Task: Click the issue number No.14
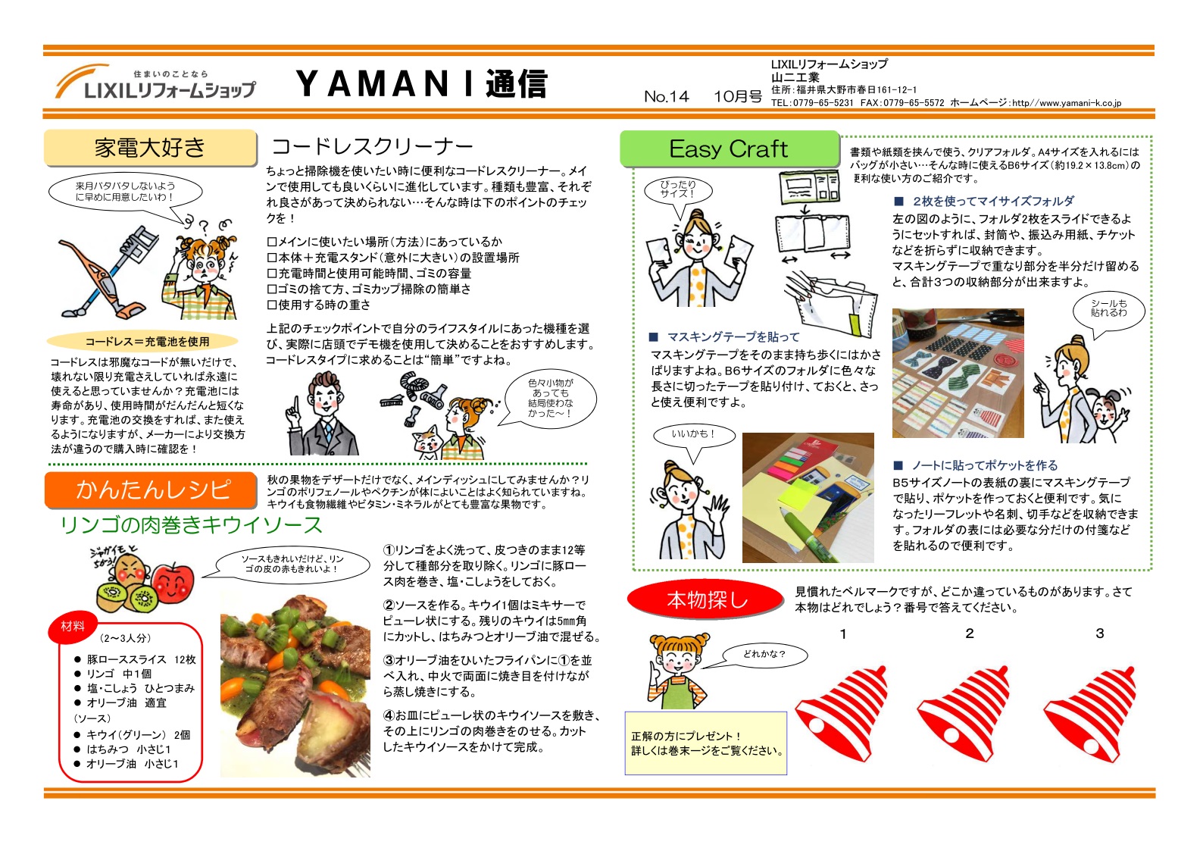click(666, 97)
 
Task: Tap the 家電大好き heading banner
click(150, 148)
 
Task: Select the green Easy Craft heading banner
click(730, 149)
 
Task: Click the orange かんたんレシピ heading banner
click(151, 490)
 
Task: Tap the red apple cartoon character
click(172, 581)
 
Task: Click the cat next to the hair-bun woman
click(427, 442)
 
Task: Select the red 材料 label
click(73, 627)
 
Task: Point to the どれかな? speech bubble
click(764, 655)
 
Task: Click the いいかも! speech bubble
click(694, 434)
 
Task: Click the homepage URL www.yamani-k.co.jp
click(1067, 103)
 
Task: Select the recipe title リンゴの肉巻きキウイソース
click(191, 525)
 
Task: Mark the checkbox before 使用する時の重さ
click(272, 305)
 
